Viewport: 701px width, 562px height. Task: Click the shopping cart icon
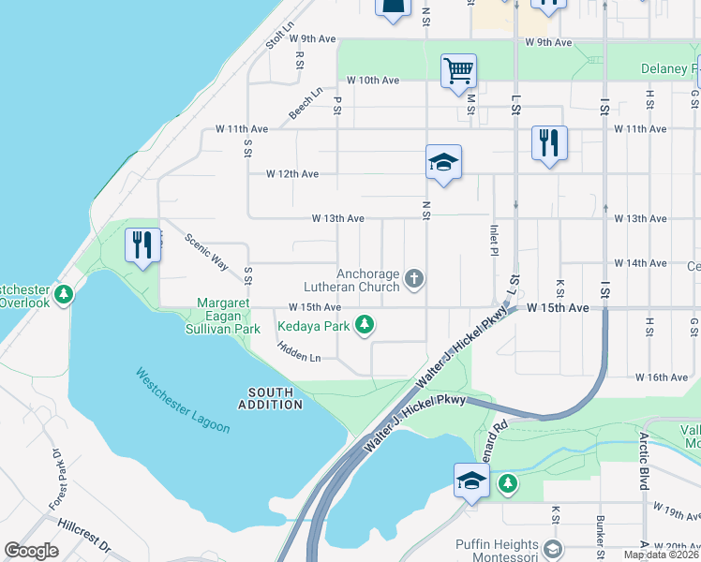[458, 71]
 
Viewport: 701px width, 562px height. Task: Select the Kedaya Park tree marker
[365, 326]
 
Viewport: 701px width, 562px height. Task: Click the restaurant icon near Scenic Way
[142, 246]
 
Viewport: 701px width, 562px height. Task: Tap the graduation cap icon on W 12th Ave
[443, 164]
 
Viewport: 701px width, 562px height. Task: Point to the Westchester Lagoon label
[182, 400]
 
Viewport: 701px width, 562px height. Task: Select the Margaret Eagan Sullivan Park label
[229, 317]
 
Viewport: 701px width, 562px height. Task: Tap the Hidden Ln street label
[299, 351]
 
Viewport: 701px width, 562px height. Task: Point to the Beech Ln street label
[305, 104]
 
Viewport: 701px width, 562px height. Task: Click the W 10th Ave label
[373, 81]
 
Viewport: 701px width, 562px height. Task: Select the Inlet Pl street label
[493, 239]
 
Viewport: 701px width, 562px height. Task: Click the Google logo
[31, 550]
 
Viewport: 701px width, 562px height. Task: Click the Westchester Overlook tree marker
[64, 296]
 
